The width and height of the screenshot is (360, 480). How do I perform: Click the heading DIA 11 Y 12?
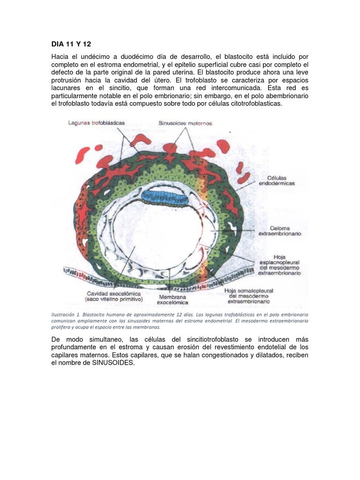(71, 45)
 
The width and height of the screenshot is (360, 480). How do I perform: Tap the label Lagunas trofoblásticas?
(96, 123)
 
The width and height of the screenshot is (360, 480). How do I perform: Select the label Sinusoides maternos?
(185, 123)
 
